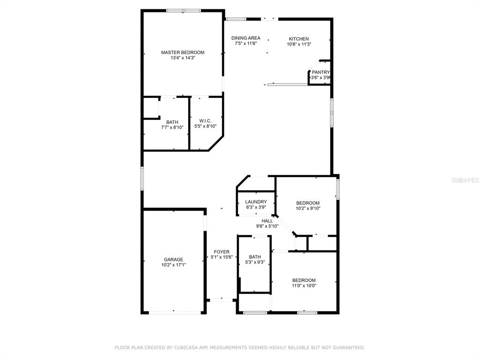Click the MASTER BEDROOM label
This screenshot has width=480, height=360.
click(183, 52)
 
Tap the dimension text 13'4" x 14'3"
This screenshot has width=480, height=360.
click(183, 58)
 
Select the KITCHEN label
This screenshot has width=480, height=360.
click(299, 39)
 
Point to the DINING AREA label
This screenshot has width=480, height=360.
click(246, 38)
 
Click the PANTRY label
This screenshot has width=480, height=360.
click(321, 72)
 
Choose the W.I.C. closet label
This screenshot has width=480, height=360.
click(205, 121)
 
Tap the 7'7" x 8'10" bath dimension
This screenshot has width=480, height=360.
click(172, 127)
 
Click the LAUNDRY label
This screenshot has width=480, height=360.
click(256, 202)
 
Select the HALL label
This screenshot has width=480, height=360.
click(267, 221)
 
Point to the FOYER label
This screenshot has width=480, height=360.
click(222, 252)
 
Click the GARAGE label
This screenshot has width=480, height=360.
click(173, 260)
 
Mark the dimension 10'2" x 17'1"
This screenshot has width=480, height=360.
click(173, 265)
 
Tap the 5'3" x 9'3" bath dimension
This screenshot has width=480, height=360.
click(255, 262)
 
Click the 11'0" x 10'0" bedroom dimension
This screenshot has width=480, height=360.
click(304, 285)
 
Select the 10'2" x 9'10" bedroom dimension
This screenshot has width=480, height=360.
click(308, 209)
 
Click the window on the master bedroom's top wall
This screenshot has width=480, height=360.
click(184, 11)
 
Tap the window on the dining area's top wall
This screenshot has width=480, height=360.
click(236, 19)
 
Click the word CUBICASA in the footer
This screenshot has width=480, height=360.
click(186, 348)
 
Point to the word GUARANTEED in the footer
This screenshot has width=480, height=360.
click(349, 348)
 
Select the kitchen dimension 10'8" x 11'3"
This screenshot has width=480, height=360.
click(299, 44)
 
